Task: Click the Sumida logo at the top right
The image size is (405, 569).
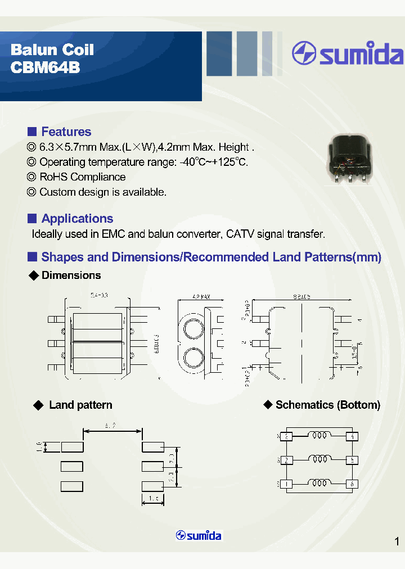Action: click(x=347, y=54)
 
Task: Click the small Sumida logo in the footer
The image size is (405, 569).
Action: click(x=199, y=535)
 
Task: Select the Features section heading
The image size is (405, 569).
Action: click(x=66, y=132)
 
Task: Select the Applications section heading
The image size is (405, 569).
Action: click(x=77, y=219)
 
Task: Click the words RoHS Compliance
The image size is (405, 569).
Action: click(x=82, y=177)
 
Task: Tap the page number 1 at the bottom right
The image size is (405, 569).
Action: click(x=397, y=541)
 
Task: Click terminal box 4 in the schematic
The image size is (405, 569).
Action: click(x=353, y=436)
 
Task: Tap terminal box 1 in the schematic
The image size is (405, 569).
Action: click(x=287, y=484)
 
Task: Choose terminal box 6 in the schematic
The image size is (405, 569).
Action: click(x=353, y=484)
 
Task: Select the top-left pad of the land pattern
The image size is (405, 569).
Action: click(x=72, y=447)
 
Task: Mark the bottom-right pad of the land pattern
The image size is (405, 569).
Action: click(x=152, y=486)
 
